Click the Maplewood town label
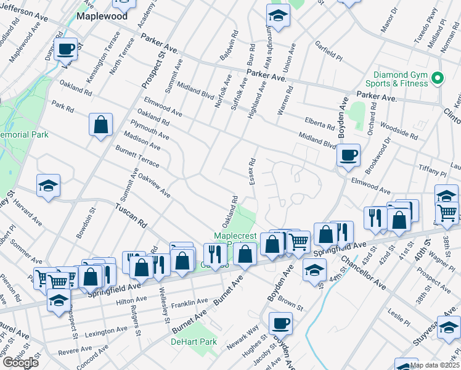coord(102,16)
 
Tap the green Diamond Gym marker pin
coord(438,78)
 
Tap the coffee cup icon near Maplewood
coord(65,49)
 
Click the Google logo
coord(20,362)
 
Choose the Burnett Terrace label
coord(137,157)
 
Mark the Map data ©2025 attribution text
coord(434,365)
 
